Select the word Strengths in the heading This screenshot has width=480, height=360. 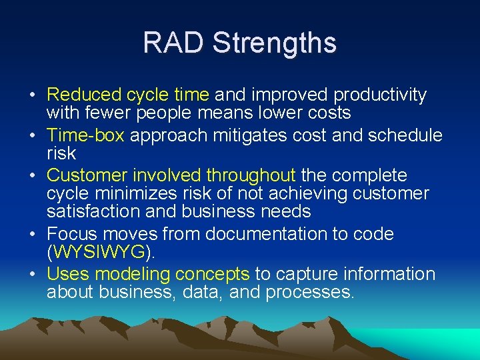[275, 43]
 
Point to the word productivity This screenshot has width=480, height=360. [380, 95]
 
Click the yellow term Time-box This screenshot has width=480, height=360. [85, 135]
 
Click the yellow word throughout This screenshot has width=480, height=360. [251, 175]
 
